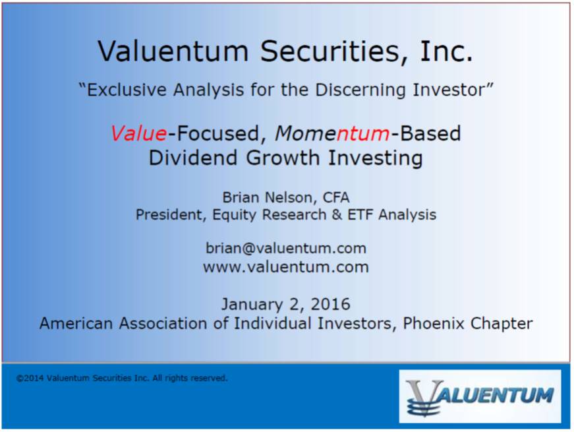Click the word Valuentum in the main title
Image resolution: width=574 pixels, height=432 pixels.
click(x=173, y=51)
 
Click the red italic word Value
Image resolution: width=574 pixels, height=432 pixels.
click(x=139, y=133)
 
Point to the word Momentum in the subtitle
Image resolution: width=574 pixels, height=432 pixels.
click(x=332, y=133)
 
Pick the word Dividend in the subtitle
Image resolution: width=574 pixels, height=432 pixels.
click(x=194, y=158)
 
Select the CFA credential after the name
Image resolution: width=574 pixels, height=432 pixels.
click(x=335, y=197)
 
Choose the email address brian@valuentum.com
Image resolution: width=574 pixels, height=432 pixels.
click(x=286, y=249)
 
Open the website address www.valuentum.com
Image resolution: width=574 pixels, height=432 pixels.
click(x=286, y=267)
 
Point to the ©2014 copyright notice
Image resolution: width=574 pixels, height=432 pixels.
click(x=122, y=378)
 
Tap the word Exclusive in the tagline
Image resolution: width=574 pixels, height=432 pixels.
click(x=127, y=90)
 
